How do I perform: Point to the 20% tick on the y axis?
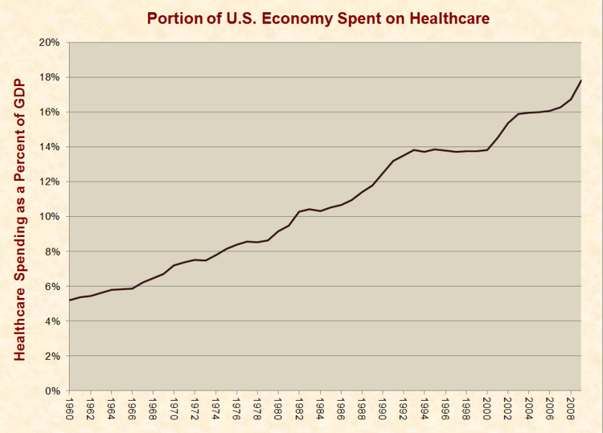[50, 42]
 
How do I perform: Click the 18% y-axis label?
[50, 78]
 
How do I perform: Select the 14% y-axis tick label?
[50, 147]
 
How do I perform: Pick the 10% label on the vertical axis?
[50, 217]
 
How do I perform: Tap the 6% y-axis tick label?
[52, 287]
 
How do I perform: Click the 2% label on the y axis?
[52, 356]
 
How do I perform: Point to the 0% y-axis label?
[52, 391]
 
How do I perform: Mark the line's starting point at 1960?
[70, 300]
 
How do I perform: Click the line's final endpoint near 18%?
[580, 80]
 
